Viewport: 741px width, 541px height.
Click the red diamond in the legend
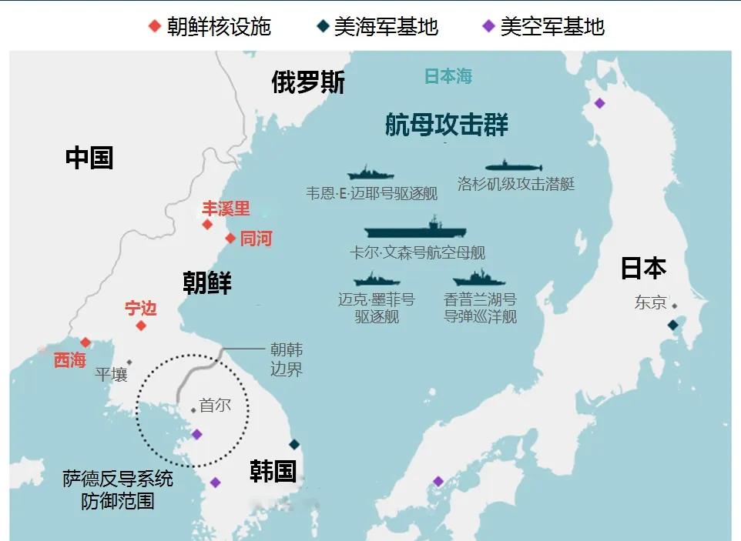155,27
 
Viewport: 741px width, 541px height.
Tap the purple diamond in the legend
488,27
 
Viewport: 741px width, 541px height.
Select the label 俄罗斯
308,82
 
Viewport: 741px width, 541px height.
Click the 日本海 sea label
448,76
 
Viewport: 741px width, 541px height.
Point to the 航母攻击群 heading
447,125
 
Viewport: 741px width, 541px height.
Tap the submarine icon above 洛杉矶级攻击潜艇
514,166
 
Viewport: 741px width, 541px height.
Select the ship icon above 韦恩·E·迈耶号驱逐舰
370,172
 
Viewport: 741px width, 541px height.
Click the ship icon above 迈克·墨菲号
376,279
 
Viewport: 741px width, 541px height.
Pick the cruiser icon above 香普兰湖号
479,279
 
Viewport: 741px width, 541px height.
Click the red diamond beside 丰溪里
206,225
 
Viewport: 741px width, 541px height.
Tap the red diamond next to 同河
230,239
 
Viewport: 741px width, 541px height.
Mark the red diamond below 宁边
141,326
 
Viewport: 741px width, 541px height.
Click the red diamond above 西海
85,342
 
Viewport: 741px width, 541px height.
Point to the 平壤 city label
111,375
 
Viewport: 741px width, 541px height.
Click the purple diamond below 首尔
197,434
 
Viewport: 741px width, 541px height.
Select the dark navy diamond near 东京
672,326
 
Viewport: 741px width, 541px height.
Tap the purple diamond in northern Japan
599,103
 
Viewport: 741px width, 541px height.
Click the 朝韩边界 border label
286,359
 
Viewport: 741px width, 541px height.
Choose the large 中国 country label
89,158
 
